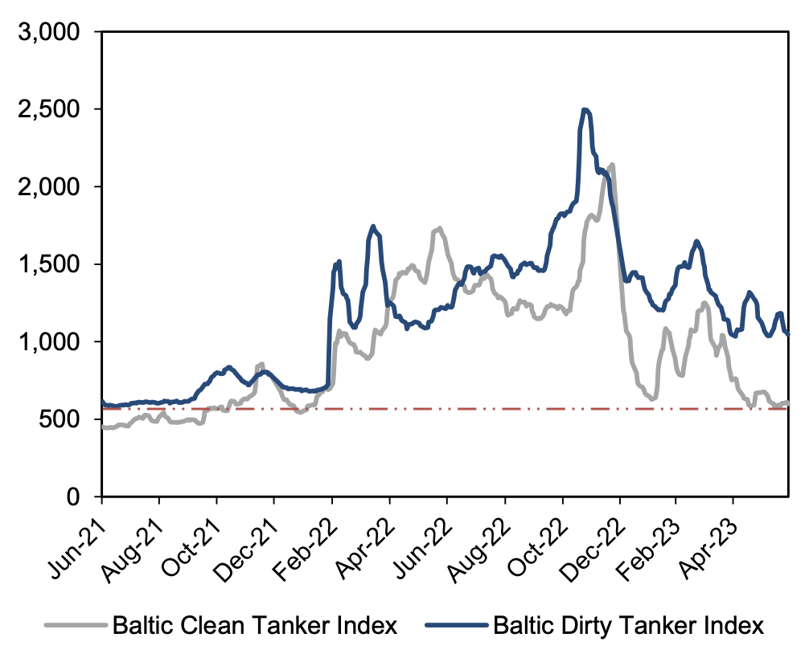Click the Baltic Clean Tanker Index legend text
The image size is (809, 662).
pos(255,626)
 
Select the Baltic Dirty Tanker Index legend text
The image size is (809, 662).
pos(629,626)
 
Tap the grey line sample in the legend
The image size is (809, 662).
pos(76,626)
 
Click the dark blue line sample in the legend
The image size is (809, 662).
pos(457,626)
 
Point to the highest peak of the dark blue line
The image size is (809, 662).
pos(585,110)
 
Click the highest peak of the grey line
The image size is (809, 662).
pos(612,165)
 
